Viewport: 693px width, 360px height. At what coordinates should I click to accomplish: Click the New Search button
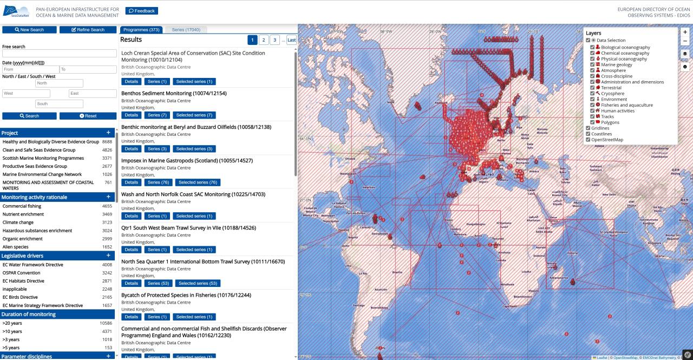click(x=29, y=30)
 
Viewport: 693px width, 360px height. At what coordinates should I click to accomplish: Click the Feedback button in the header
click(x=141, y=11)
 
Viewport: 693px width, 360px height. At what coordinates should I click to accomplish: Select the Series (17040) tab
click(x=186, y=30)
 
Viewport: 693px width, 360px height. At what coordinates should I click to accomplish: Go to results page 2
click(x=263, y=40)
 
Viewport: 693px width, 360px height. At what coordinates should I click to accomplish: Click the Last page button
click(x=291, y=40)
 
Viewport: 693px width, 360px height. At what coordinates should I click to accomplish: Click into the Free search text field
click(x=60, y=54)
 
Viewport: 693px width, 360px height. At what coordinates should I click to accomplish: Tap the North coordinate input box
click(x=59, y=83)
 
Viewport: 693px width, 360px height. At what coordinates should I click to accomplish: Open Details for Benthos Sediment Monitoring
click(x=131, y=115)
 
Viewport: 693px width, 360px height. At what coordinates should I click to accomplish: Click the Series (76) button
click(x=157, y=182)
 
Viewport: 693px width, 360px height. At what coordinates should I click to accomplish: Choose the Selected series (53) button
click(x=198, y=283)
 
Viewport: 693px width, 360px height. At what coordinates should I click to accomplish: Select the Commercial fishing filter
click(x=22, y=206)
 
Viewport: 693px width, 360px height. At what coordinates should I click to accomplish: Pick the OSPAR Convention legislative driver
click(x=21, y=273)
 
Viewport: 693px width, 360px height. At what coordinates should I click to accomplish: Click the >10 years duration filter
click(x=12, y=331)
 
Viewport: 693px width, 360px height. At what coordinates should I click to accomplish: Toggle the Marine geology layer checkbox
click(x=592, y=65)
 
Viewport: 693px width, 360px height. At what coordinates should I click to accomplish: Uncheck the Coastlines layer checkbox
click(x=588, y=134)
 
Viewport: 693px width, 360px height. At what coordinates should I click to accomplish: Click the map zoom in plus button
click(x=685, y=32)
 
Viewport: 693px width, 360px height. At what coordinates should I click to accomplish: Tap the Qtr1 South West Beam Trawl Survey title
click(x=188, y=228)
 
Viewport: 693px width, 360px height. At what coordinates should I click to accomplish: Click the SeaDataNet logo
click(x=16, y=11)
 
